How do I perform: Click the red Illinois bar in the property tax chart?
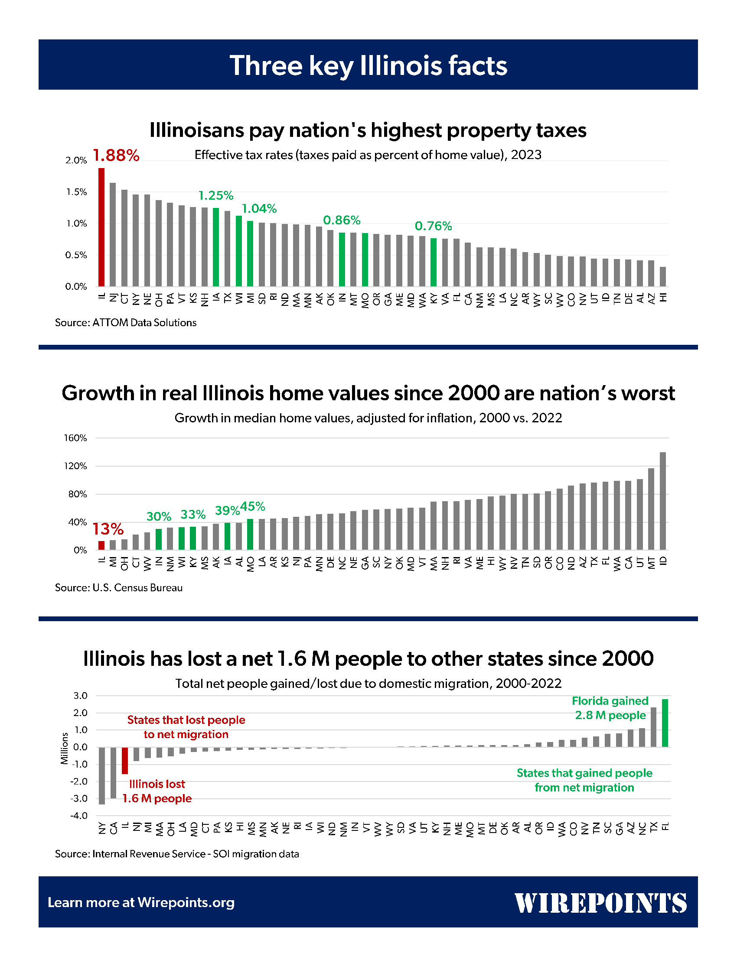click(x=101, y=227)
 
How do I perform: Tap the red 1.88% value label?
click(x=116, y=155)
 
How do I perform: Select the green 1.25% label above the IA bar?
click(x=216, y=195)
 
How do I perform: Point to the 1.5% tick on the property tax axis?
click(x=76, y=192)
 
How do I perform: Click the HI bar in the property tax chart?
click(x=663, y=277)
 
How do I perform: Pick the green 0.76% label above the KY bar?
click(x=433, y=226)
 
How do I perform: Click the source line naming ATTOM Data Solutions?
click(x=126, y=322)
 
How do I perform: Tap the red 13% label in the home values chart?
click(x=108, y=529)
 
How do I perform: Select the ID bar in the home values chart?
click(x=663, y=501)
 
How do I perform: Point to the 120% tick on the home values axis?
click(x=75, y=466)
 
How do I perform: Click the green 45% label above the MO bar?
click(x=252, y=507)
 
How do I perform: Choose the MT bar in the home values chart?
click(x=652, y=509)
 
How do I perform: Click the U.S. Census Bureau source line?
click(x=119, y=588)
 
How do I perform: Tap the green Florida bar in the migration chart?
click(x=665, y=723)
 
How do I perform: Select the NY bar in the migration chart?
click(x=102, y=776)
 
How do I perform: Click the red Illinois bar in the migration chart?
click(x=125, y=761)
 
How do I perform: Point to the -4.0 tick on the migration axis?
click(x=79, y=816)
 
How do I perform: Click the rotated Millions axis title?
click(x=65, y=749)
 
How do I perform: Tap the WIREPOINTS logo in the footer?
click(x=601, y=903)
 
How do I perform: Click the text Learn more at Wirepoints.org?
click(x=141, y=902)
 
